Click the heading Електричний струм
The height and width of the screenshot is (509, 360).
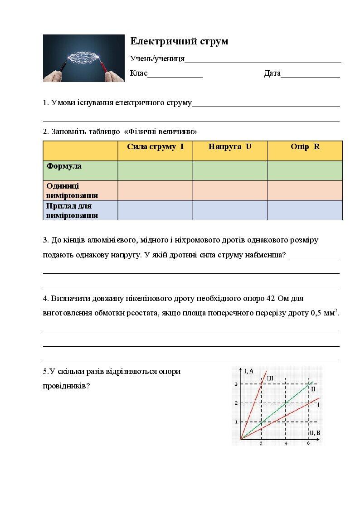click(x=179, y=41)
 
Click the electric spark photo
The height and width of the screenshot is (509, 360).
click(x=83, y=58)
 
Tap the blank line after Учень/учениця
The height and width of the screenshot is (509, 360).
click(x=263, y=59)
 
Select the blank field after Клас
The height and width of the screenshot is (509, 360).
click(x=175, y=74)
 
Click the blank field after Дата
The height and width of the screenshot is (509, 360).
click(x=310, y=74)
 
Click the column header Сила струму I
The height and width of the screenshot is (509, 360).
click(x=155, y=147)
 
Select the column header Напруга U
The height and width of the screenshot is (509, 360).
click(x=230, y=147)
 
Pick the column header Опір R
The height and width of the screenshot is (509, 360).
click(x=305, y=147)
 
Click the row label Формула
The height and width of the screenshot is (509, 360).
click(x=64, y=166)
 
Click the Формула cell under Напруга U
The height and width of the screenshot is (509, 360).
click(x=230, y=170)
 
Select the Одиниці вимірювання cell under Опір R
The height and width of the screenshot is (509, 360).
click(x=305, y=190)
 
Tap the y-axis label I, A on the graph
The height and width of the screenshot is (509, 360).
click(x=249, y=371)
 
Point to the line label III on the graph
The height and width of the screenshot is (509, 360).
click(x=270, y=378)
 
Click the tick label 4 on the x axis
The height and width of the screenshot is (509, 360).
click(x=286, y=444)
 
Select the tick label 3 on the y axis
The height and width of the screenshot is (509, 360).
click(x=236, y=384)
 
